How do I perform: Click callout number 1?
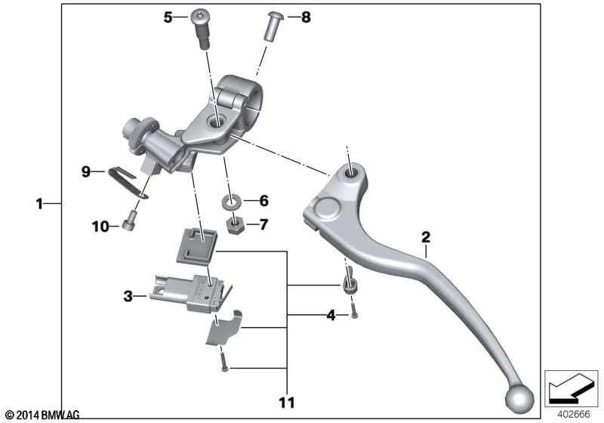point(39,202)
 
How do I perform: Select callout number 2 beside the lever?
point(426,237)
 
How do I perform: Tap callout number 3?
point(128,297)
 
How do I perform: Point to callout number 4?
point(331,315)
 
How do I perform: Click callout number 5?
point(168,17)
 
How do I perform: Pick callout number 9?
point(87,172)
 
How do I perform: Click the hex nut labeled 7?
point(234,224)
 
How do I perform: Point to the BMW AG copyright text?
point(42,415)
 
